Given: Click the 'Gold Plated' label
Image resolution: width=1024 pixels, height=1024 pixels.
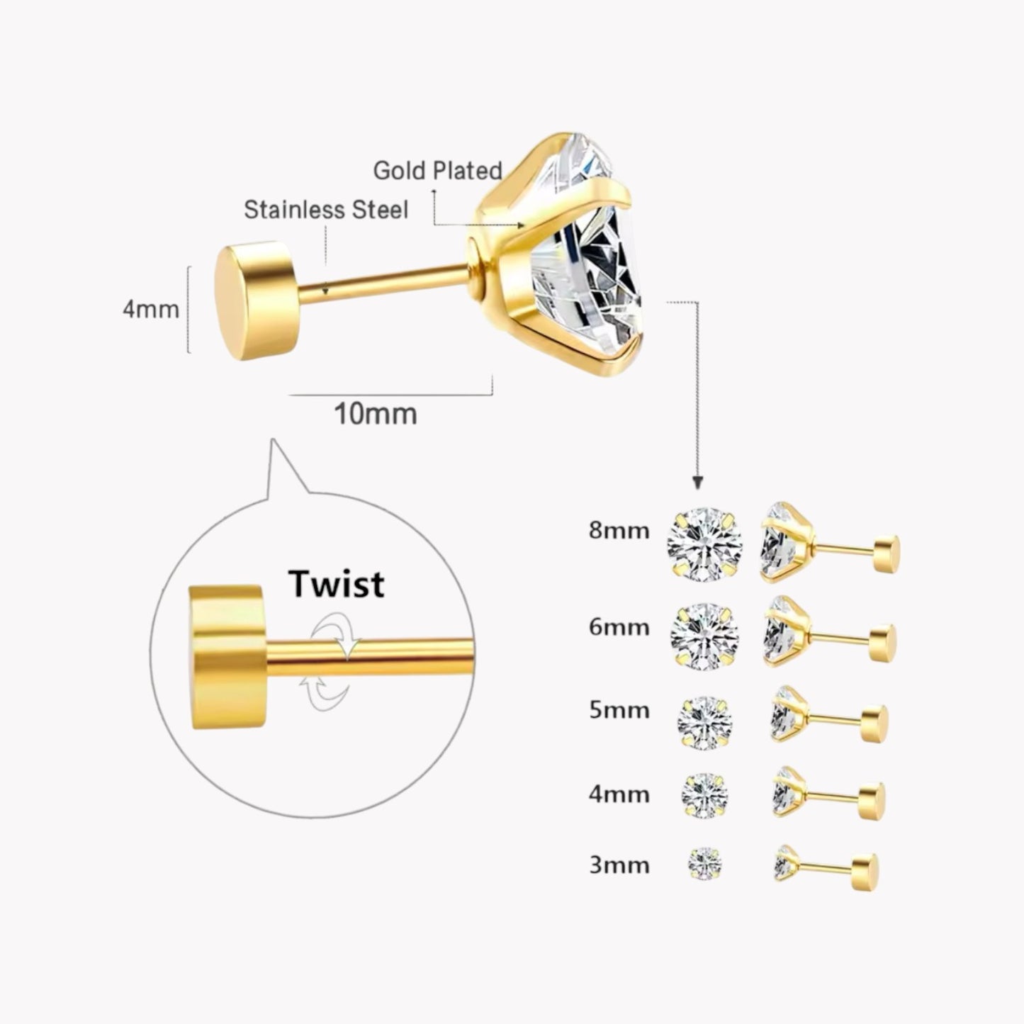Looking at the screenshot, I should coord(437,170).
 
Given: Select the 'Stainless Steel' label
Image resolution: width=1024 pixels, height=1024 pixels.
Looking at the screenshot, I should coord(326,210).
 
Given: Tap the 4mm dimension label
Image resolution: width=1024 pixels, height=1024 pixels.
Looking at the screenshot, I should coord(151,309).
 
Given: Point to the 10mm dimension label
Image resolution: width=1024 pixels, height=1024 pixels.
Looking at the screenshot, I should coord(376,414).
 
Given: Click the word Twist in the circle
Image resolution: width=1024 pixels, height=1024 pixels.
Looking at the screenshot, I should coord(336,584).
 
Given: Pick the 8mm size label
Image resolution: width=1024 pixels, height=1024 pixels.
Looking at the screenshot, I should coord(619,530).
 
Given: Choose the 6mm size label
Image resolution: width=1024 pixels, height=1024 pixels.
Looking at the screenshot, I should coord(619,627).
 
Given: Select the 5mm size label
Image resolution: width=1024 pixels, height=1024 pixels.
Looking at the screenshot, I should coord(619,710).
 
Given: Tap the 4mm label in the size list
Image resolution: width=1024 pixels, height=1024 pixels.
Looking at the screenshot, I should coord(619,794).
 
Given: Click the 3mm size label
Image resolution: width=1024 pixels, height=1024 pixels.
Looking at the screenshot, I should coord(619,865).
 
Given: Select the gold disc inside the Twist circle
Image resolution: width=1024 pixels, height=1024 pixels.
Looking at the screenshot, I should coord(225,656).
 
